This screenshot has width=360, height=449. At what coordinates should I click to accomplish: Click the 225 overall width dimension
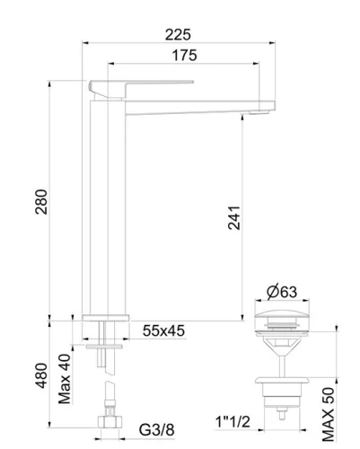[178, 35]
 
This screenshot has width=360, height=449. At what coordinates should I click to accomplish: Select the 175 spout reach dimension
[184, 56]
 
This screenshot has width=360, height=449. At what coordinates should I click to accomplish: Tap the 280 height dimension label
[41, 201]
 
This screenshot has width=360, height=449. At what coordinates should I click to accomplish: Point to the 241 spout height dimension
[233, 217]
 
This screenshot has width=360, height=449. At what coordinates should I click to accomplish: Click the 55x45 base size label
[163, 331]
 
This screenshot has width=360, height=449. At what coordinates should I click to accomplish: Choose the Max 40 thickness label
[65, 379]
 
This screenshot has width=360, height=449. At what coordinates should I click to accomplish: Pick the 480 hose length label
[41, 375]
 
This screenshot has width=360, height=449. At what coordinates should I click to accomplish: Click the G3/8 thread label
[156, 430]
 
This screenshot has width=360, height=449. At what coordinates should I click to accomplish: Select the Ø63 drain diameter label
[282, 292]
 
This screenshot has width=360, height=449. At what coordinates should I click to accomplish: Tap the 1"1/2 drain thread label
[233, 422]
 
